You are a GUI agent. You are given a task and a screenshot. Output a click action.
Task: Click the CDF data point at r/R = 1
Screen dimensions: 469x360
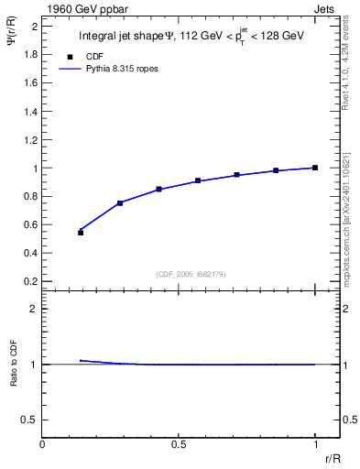point(315,168)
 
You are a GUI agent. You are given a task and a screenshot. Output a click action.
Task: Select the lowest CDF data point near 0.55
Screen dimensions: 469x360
point(81,233)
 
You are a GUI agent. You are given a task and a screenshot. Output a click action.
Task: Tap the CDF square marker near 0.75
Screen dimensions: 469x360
point(120,203)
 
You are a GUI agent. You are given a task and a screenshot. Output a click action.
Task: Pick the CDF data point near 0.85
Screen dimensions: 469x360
point(159,190)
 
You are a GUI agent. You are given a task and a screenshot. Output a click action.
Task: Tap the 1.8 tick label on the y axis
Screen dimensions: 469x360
point(31,54)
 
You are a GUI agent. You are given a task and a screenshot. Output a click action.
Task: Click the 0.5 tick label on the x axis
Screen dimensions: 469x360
point(179,444)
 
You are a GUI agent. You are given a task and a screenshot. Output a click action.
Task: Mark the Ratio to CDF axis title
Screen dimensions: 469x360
point(14,376)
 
